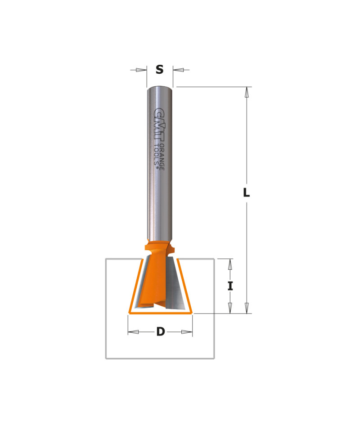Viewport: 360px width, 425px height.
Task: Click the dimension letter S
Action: point(159,70)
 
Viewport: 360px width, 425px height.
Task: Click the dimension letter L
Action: point(246,193)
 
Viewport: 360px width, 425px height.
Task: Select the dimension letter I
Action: point(230,286)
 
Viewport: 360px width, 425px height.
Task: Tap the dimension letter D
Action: point(161,331)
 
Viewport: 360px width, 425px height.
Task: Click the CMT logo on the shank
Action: point(159,125)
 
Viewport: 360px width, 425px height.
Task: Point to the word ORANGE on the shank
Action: point(162,157)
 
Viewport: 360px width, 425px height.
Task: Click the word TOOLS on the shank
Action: point(156,156)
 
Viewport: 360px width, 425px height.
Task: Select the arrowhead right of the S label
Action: point(178,70)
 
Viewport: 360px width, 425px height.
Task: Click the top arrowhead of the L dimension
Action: point(247,92)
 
